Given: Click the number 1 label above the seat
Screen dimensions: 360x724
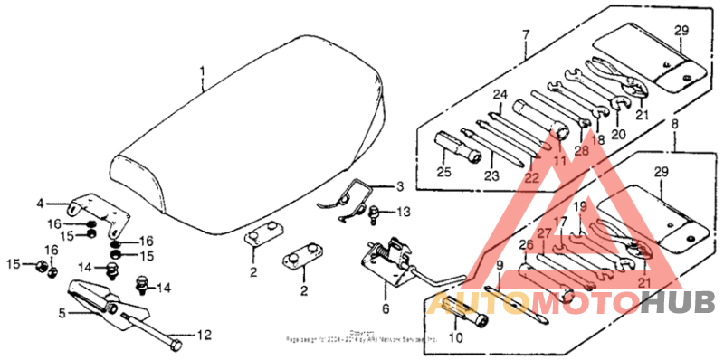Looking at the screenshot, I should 202,71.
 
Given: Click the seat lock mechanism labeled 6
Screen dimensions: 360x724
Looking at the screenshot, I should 389,261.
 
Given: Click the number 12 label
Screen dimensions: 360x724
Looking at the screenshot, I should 204,336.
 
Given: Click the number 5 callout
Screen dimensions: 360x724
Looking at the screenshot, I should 62,314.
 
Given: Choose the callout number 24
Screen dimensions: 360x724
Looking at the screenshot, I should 499,93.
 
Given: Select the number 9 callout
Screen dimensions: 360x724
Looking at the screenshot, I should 499,265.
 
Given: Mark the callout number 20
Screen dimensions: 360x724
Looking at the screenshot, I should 618,134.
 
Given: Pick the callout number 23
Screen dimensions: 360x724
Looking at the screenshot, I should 491,176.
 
